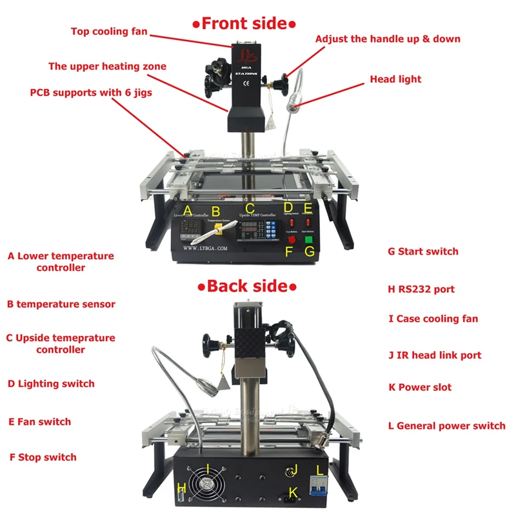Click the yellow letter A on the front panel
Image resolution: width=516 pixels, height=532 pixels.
pos(188,210)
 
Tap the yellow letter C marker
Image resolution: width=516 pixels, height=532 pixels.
pos(250,210)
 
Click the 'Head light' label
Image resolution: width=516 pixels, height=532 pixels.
pos(395,79)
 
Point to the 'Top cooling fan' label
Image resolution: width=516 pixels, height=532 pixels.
pos(109,31)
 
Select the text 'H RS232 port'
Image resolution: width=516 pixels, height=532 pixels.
pos(421,289)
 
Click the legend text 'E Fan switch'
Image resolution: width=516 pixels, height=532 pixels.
pos(39,422)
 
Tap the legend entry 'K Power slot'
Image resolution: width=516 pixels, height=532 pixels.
pos(419,388)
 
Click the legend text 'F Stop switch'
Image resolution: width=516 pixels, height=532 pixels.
pos(43,457)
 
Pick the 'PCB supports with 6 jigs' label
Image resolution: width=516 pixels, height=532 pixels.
pos(91,92)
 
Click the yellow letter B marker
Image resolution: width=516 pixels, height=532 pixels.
pos(216,211)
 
